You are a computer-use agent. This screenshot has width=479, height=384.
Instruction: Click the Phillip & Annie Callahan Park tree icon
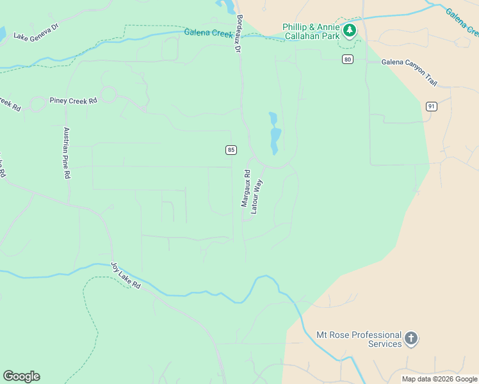click(x=349, y=30)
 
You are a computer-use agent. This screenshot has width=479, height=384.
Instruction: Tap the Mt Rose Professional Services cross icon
click(x=410, y=339)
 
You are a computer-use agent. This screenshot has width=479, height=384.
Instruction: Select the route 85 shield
click(x=231, y=150)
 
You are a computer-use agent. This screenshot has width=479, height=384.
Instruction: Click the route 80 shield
click(x=347, y=59)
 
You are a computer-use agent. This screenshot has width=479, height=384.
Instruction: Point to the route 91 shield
click(x=431, y=106)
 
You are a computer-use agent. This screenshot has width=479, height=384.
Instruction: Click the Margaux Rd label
click(x=245, y=188)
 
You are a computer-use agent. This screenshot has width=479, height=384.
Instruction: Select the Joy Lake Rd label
click(x=125, y=275)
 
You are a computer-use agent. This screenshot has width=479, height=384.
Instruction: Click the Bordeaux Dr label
click(x=239, y=33)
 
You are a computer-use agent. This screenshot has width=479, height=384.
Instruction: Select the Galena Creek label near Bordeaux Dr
click(x=208, y=33)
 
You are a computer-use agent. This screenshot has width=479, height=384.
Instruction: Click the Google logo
click(x=21, y=376)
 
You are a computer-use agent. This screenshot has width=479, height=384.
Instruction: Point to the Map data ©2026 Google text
click(x=439, y=379)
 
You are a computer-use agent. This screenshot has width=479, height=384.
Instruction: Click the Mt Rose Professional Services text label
click(x=359, y=339)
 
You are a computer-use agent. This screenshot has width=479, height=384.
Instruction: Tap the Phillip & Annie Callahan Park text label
click(x=312, y=31)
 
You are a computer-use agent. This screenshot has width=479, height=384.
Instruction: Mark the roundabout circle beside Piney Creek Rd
click(x=108, y=95)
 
